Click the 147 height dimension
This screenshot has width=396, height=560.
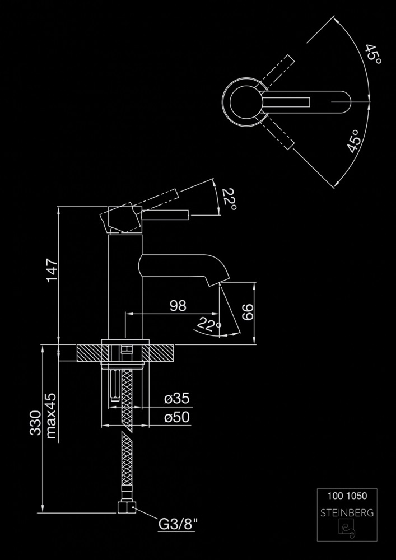[x=51, y=270]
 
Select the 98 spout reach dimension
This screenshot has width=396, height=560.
[x=178, y=306]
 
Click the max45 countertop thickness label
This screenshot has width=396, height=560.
[x=52, y=415]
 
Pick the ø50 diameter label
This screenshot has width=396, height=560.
[x=176, y=417]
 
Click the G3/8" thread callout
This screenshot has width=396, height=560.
[x=179, y=525]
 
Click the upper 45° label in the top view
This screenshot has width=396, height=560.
[x=372, y=57]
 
